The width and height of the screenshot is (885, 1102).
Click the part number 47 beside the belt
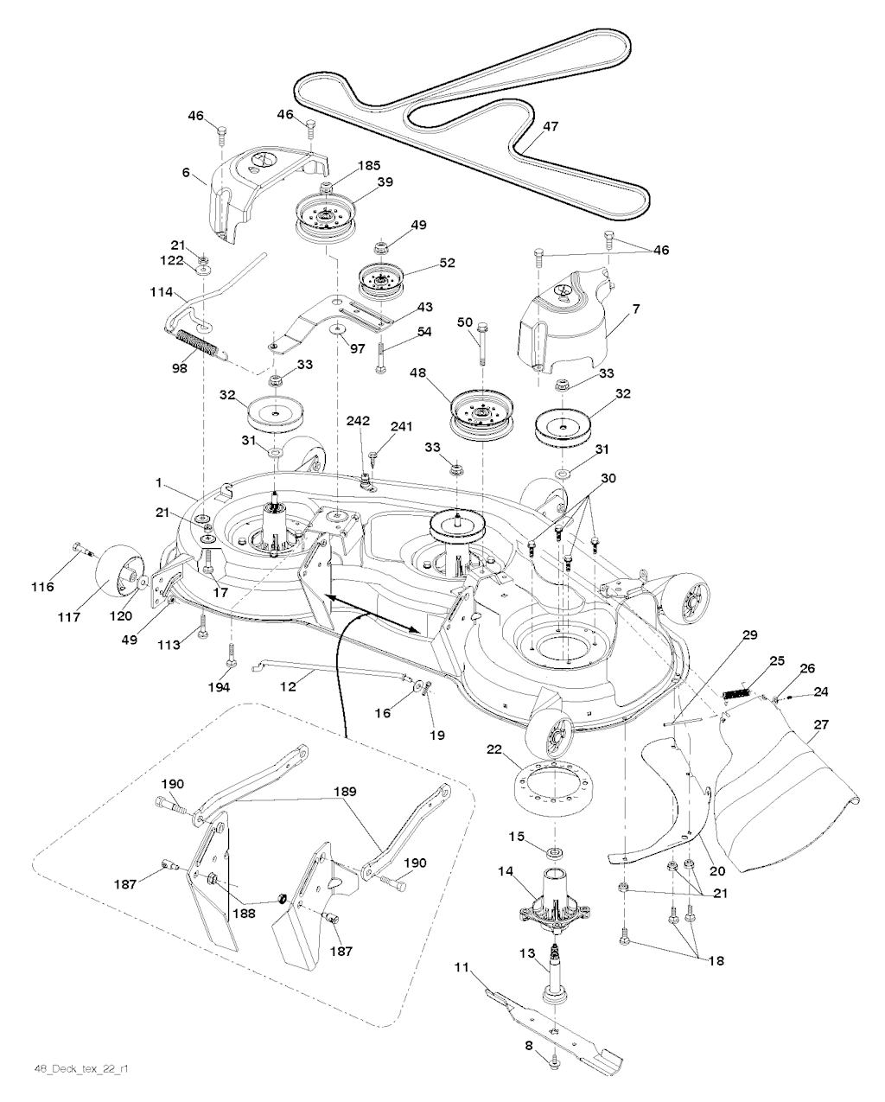pos(551,126)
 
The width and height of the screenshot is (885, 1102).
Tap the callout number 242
pos(358,421)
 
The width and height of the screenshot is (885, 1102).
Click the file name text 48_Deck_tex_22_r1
pos(74,1068)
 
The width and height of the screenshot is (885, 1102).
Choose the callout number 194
pos(220,687)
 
